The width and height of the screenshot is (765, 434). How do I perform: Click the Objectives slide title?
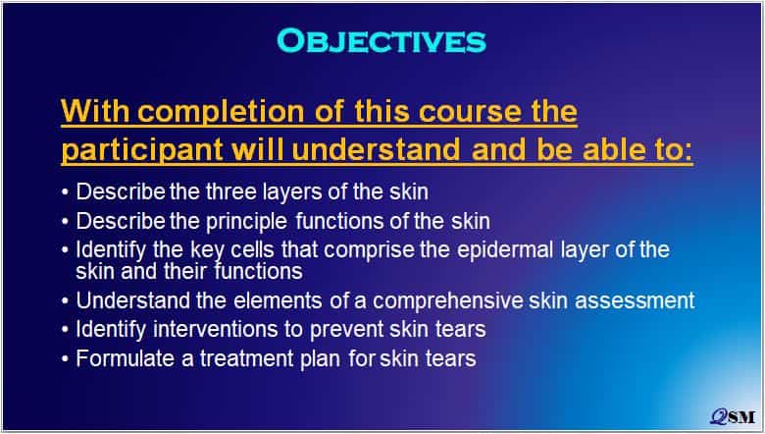[x=382, y=40]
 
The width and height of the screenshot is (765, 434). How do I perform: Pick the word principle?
[x=246, y=222]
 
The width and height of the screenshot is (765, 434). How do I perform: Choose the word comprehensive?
[x=448, y=300]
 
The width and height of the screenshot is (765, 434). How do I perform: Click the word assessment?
[x=635, y=300]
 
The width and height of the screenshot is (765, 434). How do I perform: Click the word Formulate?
[x=126, y=358]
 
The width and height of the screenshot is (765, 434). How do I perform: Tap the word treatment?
[x=247, y=358]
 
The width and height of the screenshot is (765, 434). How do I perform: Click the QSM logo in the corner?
[x=733, y=416]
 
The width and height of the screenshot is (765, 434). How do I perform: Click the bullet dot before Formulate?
[x=66, y=359]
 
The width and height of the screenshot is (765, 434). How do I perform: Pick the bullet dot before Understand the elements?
[x=66, y=301]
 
